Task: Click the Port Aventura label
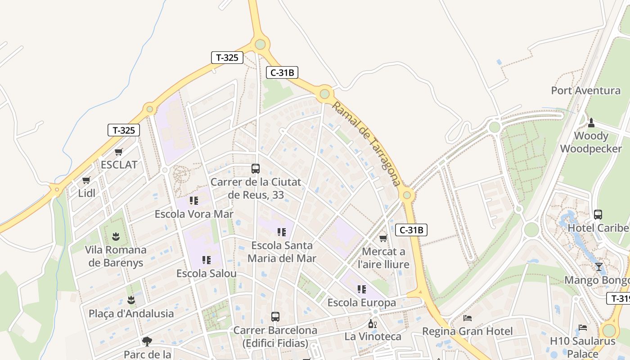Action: pyautogui.click(x=585, y=90)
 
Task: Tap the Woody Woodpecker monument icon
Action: pyautogui.click(x=591, y=122)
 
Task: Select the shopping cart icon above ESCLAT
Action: pyautogui.click(x=119, y=152)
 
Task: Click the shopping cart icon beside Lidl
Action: pyautogui.click(x=86, y=180)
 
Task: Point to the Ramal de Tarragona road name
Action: pyautogui.click(x=366, y=143)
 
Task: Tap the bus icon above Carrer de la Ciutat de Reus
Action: pyautogui.click(x=256, y=169)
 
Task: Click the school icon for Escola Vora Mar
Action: pyautogui.click(x=194, y=201)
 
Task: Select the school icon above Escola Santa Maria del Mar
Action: pyautogui.click(x=282, y=232)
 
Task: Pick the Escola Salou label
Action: pyautogui.click(x=206, y=274)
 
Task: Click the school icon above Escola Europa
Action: pyautogui.click(x=362, y=289)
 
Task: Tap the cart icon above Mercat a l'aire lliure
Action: pyautogui.click(x=383, y=238)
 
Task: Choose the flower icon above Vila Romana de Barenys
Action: pyautogui.click(x=116, y=236)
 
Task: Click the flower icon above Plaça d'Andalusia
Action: pyautogui.click(x=131, y=300)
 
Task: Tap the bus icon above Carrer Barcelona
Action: pyautogui.click(x=275, y=317)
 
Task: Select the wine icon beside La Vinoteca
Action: pyautogui.click(x=372, y=324)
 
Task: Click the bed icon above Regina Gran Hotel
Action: pyautogui.click(x=468, y=318)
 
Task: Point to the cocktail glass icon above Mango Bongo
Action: pyautogui.click(x=598, y=267)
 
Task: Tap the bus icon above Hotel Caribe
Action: pyautogui.click(x=598, y=215)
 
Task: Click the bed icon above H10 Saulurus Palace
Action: pyautogui.click(x=583, y=328)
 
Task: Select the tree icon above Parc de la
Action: pyautogui.click(x=147, y=341)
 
